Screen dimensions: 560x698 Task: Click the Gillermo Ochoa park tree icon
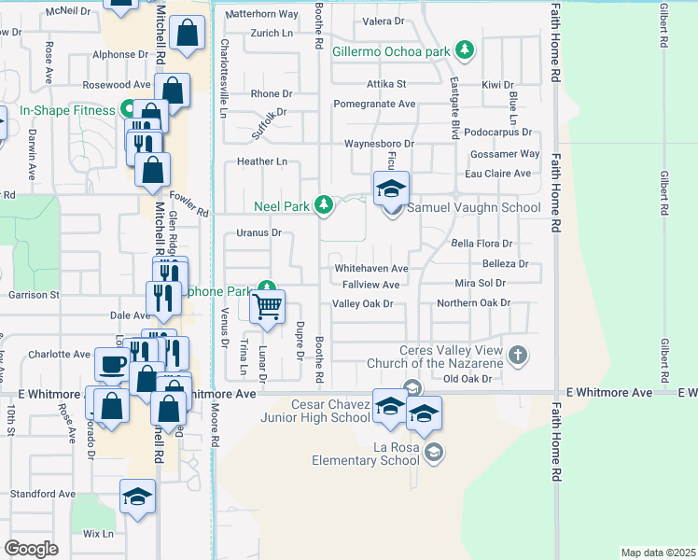pos(463,51)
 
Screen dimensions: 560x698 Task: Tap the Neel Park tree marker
pos(323,204)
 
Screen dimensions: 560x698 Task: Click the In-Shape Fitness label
pos(67,110)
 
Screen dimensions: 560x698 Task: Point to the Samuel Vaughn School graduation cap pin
pos(392,189)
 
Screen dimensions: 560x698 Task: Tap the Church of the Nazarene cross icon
pos(520,356)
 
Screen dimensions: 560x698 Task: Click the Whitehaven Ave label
pos(371,268)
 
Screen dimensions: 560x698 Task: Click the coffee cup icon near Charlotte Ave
pos(112,364)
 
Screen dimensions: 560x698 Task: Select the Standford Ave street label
pos(42,494)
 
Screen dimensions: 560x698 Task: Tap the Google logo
pos(31,549)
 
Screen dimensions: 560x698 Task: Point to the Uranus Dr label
pos(258,232)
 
